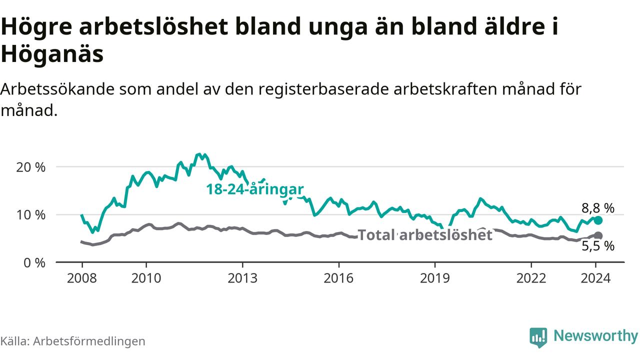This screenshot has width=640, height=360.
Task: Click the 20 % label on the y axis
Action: [31, 167]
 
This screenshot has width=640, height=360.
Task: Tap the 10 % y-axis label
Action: [31, 215]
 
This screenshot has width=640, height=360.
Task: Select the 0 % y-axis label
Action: [35, 262]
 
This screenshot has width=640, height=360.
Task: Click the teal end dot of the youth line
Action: [598, 220]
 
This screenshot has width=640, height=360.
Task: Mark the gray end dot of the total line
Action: [598, 235]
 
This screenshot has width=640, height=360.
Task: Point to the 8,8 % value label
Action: [598, 208]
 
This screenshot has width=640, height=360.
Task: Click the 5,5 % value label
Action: [598, 246]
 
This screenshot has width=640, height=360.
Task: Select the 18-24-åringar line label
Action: [255, 189]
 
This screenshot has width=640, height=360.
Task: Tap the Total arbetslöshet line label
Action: [425, 235]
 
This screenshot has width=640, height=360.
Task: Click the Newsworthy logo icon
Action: [538, 337]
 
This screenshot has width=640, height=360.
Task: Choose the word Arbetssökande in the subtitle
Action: [55, 89]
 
